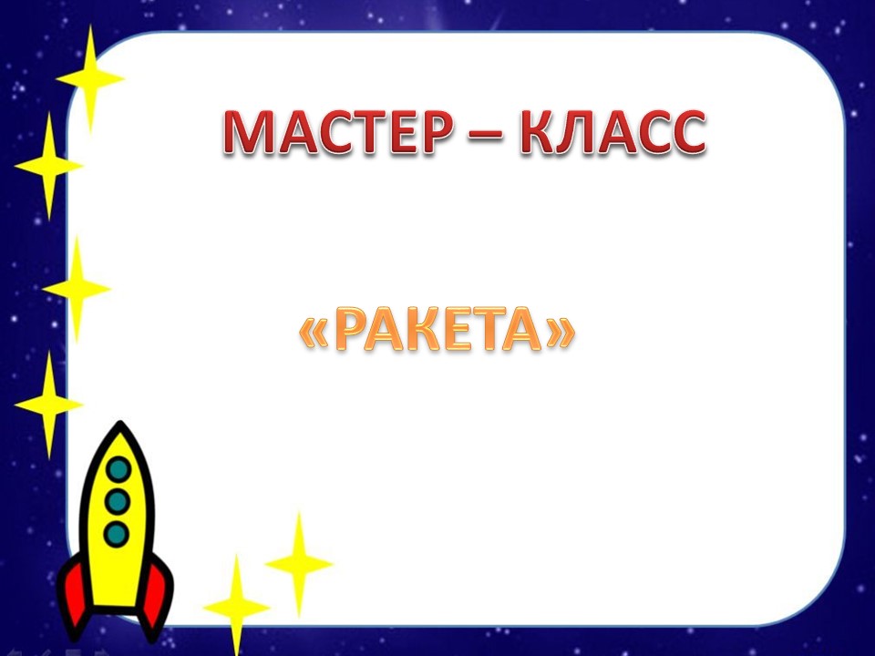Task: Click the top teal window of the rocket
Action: tap(118, 469)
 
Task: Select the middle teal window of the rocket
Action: tap(117, 501)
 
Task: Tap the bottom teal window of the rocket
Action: tap(116, 534)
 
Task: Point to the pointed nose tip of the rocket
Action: tap(120, 423)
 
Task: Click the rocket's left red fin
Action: tap(76, 597)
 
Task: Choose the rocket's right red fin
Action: tap(158, 597)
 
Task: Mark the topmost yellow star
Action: tap(90, 78)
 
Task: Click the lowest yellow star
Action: tap(237, 607)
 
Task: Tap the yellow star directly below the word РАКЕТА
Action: tap(299, 564)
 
